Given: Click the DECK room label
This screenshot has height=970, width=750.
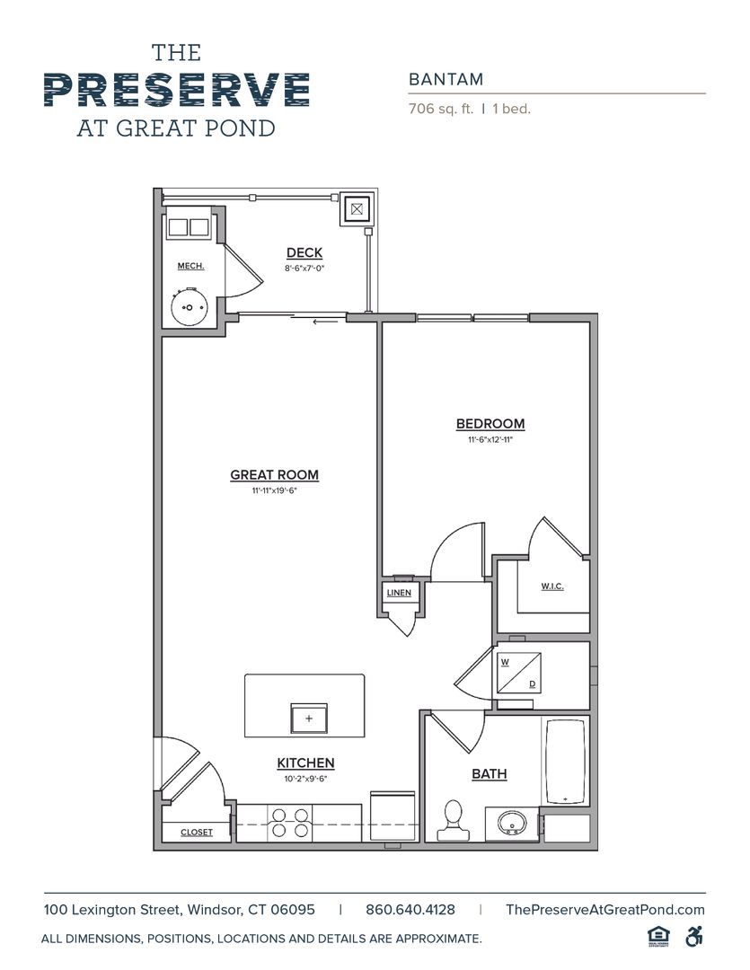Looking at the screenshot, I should click(x=304, y=253).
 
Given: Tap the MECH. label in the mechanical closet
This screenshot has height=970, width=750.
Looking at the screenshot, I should click(x=190, y=266).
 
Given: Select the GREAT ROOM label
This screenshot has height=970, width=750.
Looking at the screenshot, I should click(x=274, y=475).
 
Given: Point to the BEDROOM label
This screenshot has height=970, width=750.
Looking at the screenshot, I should click(x=490, y=424).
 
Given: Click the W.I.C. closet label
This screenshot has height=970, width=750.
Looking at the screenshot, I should click(x=551, y=586).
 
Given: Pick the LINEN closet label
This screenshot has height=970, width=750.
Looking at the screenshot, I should click(x=399, y=593).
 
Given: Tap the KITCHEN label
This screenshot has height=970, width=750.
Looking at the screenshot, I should click(x=305, y=763).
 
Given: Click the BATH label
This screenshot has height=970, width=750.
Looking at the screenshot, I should click(x=490, y=773).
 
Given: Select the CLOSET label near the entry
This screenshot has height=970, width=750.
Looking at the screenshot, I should click(x=197, y=833).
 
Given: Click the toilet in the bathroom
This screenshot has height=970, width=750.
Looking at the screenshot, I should click(x=454, y=818).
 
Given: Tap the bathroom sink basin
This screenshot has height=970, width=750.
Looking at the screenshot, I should click(x=512, y=823).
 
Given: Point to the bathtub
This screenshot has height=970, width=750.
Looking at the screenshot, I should click(x=566, y=761).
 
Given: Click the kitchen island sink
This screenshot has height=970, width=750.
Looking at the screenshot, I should click(x=308, y=719).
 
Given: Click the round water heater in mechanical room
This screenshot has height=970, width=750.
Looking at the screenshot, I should click(x=190, y=308).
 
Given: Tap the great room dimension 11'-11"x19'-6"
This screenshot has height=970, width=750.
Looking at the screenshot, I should click(x=274, y=491).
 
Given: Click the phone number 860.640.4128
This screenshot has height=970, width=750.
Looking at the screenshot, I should click(x=410, y=909).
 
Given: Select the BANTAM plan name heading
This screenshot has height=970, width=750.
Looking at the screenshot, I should click(x=446, y=79).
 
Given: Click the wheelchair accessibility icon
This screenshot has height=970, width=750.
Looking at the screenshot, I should click(x=693, y=936).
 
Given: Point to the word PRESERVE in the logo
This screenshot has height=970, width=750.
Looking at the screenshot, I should click(x=176, y=90).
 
